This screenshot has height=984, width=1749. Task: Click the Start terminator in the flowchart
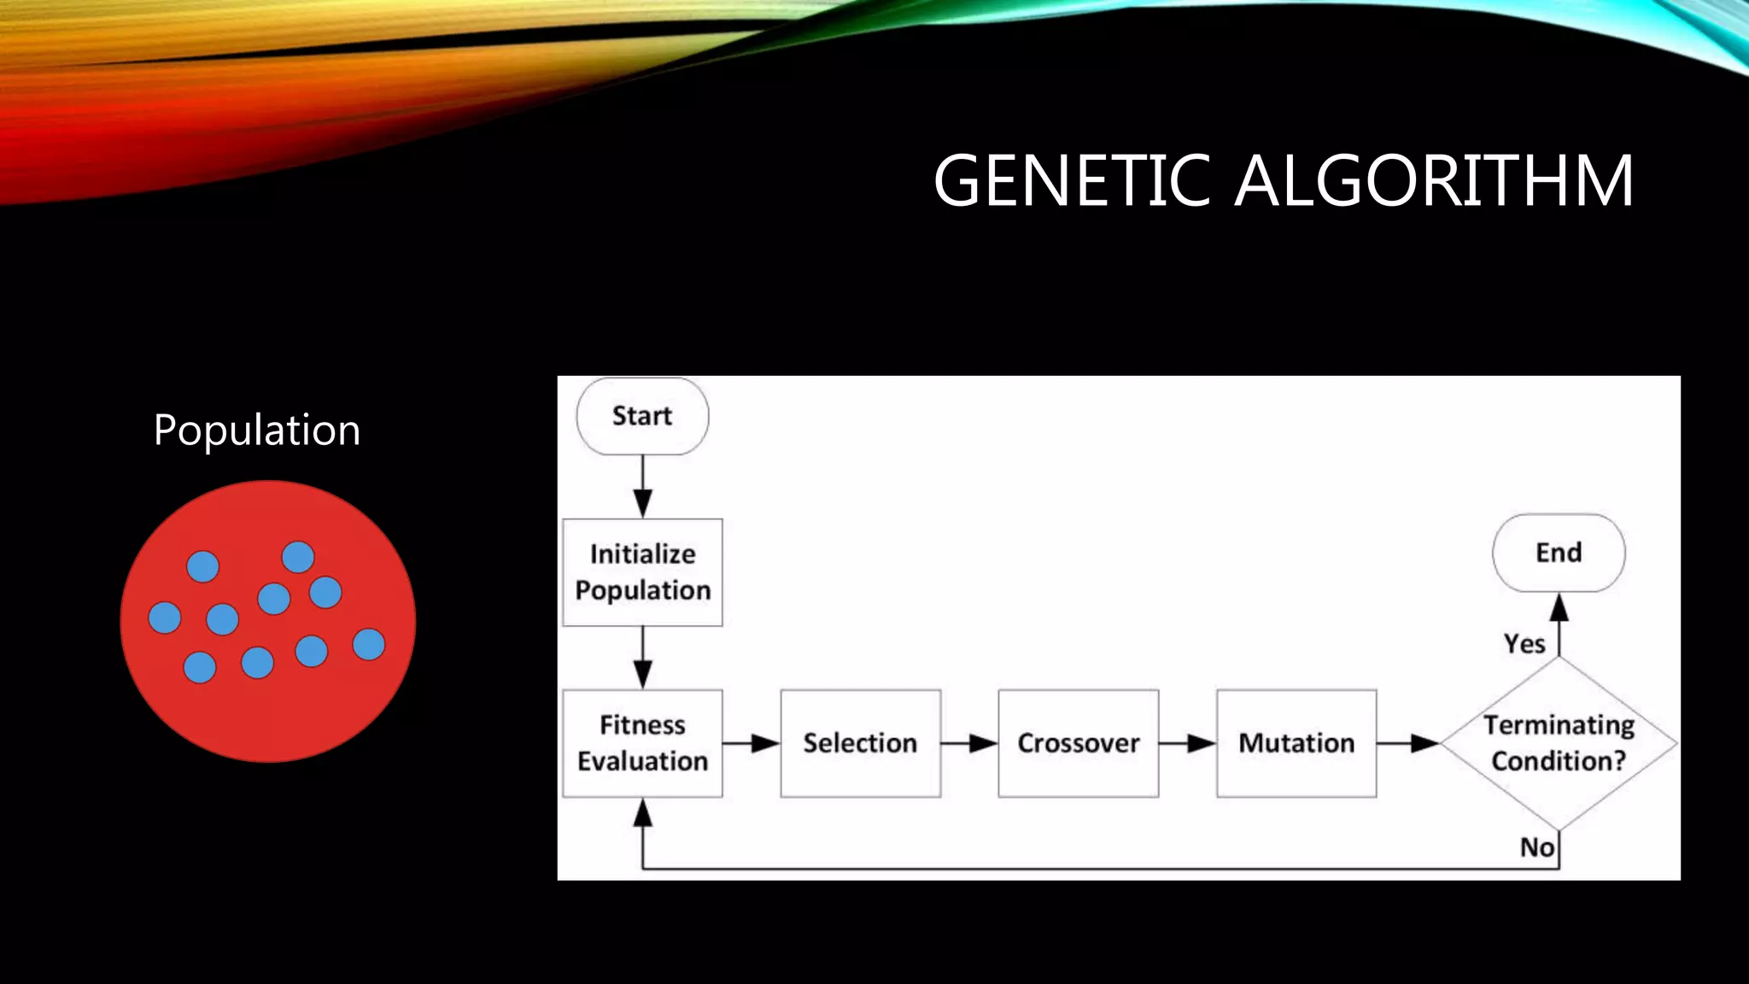pos(642,416)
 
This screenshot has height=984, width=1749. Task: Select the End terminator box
pos(1559,553)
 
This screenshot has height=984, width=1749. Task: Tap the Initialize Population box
pos(642,572)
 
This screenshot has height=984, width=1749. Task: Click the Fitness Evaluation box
pos(642,743)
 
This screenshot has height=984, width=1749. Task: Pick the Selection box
pos(860,743)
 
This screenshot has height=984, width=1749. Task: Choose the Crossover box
pos(1078,743)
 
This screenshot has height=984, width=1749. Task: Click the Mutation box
pos(1296,743)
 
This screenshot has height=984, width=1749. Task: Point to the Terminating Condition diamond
pos(1559,743)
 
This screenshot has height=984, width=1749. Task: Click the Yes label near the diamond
pos(1524,643)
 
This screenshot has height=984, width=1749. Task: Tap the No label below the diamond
pos(1536,847)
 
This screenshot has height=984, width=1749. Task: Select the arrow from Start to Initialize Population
pos(643,487)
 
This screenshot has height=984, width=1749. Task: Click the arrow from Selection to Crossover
pos(969,743)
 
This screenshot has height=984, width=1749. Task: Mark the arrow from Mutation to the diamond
pos(1408,743)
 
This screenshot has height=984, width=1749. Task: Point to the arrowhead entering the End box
pos(1559,607)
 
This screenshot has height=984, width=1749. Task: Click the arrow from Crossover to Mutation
pos(1187,743)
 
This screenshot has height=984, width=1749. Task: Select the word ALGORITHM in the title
pos(1435,180)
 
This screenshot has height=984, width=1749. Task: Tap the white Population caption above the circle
pos(256,430)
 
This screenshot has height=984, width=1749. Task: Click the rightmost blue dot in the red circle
pos(369,644)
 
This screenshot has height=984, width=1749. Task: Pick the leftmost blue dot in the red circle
pos(165,617)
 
